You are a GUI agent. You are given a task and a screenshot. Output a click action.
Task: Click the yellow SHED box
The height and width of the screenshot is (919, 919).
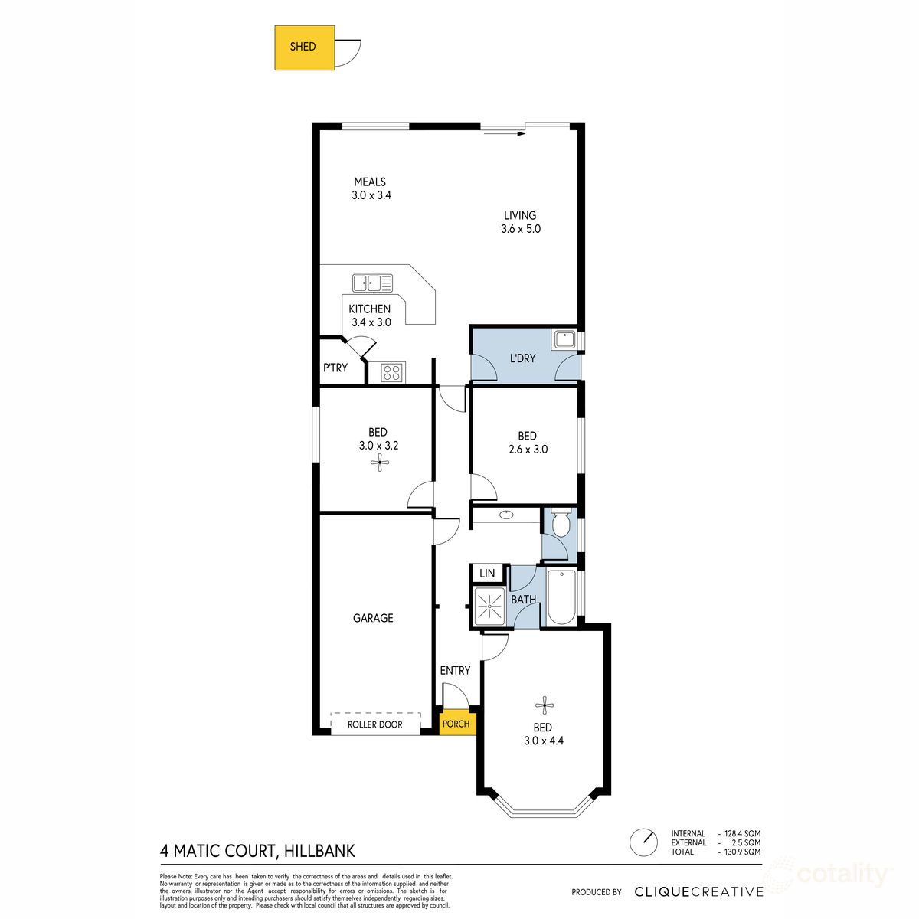pos(304,47)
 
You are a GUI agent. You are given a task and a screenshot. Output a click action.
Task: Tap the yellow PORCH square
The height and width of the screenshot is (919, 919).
pos(457,724)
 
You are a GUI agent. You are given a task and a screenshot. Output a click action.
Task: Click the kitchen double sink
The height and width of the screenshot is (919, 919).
pos(372,283)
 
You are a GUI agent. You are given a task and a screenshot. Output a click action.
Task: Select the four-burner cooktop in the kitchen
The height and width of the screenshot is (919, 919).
pos(393,372)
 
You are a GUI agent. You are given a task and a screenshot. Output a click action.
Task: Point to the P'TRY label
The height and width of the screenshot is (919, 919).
pos(335,368)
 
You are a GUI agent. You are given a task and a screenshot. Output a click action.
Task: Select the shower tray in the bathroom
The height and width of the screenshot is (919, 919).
pos(489,607)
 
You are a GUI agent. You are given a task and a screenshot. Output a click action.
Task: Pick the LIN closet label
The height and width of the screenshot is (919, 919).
pos(487,574)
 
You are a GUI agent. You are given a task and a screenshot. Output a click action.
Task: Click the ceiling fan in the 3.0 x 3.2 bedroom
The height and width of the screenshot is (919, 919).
pos(380,462)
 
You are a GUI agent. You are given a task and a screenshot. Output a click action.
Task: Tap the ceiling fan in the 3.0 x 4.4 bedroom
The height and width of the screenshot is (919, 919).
pos(545,705)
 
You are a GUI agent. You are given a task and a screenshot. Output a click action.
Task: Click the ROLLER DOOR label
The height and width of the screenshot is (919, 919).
pos(374,724)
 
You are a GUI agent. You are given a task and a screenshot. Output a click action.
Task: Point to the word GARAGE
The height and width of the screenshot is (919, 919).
pos(373,618)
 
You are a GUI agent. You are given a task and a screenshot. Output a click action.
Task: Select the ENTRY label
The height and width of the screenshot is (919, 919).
pos(455,671)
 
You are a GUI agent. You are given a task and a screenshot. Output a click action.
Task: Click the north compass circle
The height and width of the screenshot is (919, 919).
pos(643,842)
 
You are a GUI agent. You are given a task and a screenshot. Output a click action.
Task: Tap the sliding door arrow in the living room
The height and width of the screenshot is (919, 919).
pos(504,134)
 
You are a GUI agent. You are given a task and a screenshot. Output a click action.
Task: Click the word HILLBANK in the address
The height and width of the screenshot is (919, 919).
pos(319,851)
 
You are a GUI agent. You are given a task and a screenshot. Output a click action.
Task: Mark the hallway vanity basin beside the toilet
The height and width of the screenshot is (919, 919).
pos(506,515)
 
